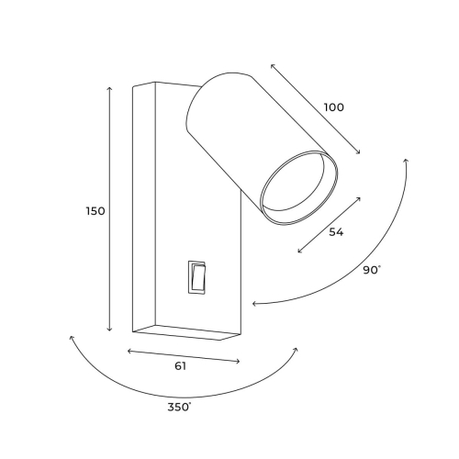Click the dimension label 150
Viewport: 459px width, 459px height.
(95, 210)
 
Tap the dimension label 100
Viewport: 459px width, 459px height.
(333, 106)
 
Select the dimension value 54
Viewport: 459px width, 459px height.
(336, 232)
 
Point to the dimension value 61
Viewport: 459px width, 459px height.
(181, 367)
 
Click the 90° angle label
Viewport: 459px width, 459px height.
(372, 270)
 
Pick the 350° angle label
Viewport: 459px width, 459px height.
(179, 406)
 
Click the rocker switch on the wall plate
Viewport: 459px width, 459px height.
(198, 275)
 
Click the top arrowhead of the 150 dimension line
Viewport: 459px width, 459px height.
(110, 88)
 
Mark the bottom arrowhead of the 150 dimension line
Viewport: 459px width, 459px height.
(110, 330)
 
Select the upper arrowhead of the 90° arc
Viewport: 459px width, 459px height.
(406, 161)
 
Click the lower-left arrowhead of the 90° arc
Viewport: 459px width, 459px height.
(254, 303)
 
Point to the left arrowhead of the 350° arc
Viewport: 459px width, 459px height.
(71, 338)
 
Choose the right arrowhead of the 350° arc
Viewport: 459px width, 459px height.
(296, 349)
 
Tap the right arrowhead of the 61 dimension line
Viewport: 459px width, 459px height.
(239, 362)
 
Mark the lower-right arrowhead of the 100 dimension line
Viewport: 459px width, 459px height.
(359, 153)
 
